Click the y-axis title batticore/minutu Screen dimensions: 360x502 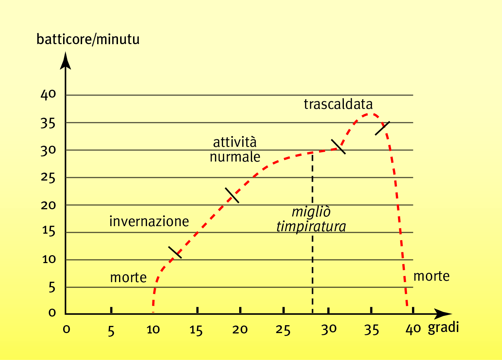click(88, 39)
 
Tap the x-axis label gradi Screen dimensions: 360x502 click(443, 328)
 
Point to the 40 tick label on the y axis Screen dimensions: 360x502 click(48, 95)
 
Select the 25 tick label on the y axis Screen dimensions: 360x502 click(48, 178)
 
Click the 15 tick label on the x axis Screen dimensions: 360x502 click(196, 330)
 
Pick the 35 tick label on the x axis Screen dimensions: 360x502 click(371, 330)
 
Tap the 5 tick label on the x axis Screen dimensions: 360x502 click(111, 331)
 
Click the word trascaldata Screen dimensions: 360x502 click(338, 104)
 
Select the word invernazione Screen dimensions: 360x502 click(149, 221)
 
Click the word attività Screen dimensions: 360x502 click(235, 142)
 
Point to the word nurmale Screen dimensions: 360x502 click(235, 157)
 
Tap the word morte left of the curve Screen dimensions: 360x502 click(128, 277)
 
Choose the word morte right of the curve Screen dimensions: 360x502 click(431, 276)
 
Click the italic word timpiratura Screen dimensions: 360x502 click(311, 226)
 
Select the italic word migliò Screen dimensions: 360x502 click(311, 212)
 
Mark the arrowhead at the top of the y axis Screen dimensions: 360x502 click(65, 60)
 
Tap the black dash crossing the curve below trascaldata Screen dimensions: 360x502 click(338, 146)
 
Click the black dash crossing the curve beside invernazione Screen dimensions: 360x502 click(175, 252)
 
